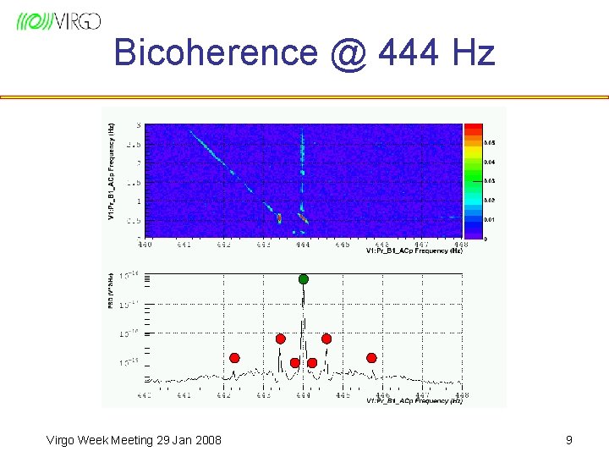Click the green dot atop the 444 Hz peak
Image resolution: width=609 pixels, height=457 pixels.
[x=304, y=279]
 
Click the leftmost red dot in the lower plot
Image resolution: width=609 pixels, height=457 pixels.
[x=234, y=357]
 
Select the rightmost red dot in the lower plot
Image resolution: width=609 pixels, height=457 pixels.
[x=371, y=358]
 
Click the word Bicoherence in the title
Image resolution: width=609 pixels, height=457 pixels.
[x=215, y=52]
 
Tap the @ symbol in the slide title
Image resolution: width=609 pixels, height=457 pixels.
[x=348, y=52]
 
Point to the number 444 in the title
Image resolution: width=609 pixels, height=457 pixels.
[x=410, y=52]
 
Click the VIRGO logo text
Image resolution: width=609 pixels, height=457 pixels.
[x=79, y=22]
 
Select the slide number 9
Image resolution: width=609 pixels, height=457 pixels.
[x=568, y=440]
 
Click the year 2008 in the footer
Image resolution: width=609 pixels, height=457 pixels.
[x=206, y=440]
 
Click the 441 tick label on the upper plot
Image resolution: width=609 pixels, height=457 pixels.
[x=184, y=245]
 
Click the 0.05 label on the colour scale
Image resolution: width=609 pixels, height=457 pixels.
[x=490, y=143]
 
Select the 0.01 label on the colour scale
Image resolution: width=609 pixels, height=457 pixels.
[x=490, y=219]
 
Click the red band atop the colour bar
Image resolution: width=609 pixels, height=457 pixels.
[x=473, y=129]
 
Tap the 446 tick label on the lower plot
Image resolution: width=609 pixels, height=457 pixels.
[x=382, y=395]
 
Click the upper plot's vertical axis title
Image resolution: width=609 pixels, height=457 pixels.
[x=112, y=172]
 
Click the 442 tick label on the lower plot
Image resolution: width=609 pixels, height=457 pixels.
[x=223, y=395]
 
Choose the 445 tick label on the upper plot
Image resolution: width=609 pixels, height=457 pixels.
[x=343, y=245]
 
